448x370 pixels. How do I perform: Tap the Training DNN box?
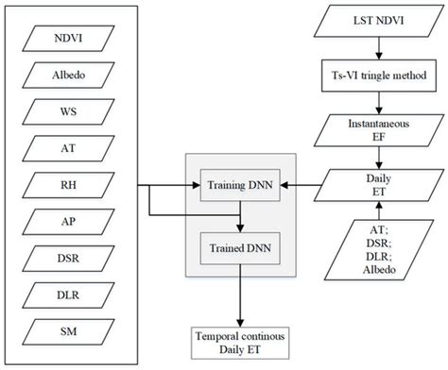[x=241, y=185]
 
